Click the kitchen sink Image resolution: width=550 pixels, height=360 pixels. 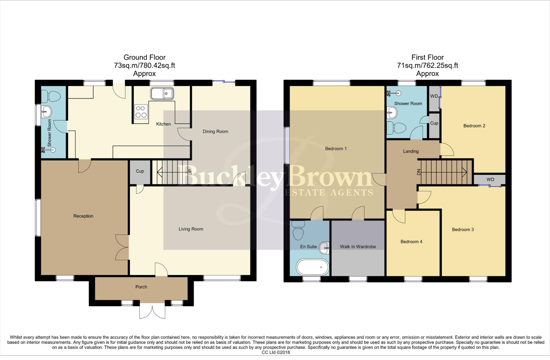coord(162,93)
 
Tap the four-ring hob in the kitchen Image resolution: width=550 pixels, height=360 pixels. coord(141,112)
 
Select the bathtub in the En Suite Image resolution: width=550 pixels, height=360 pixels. coord(313,267)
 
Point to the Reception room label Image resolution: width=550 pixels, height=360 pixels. coord(83,216)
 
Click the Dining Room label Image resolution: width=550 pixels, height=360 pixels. coord(215,131)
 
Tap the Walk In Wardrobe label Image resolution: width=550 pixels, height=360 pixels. coord(358,247)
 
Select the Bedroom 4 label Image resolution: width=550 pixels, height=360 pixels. coord(411,242)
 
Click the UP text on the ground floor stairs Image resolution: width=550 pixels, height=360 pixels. coord(190,172)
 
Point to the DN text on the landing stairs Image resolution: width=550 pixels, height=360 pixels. coord(419,172)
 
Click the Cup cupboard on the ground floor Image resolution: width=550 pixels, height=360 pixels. coord(140,171)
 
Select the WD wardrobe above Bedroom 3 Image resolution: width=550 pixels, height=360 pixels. coord(490,180)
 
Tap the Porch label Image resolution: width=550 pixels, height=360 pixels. coord(141,287)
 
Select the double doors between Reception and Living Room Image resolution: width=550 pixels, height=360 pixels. coord(122,247)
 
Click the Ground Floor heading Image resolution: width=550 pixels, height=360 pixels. coord(144,57)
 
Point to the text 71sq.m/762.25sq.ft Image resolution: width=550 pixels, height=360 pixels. coord(427,65)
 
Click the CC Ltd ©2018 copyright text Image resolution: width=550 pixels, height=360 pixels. coord(276,352)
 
